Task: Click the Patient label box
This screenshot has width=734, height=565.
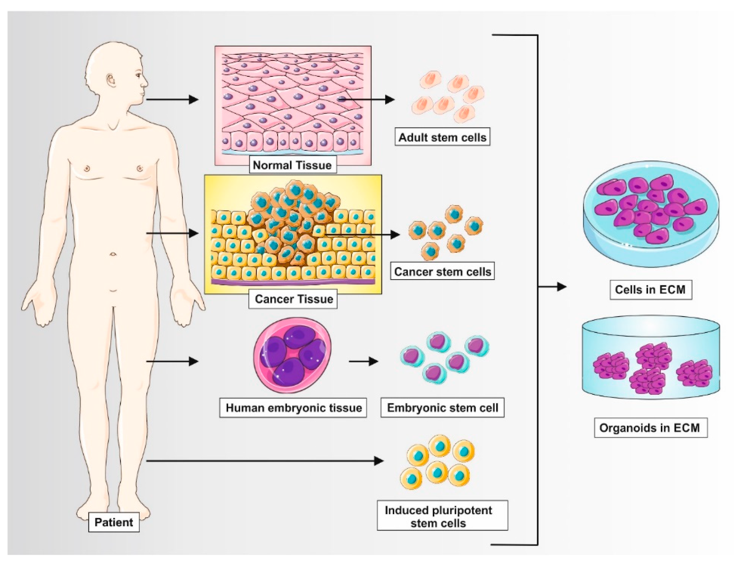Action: [114, 522]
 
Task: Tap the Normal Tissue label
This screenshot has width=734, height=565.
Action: [292, 165]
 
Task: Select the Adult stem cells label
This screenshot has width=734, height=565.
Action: [442, 137]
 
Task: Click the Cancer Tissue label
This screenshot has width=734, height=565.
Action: [293, 299]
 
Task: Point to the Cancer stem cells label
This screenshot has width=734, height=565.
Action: [442, 272]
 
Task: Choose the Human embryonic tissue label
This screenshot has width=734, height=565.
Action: [293, 408]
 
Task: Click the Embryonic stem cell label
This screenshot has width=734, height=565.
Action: [442, 408]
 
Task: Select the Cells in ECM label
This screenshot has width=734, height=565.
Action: [650, 289]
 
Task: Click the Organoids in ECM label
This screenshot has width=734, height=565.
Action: [650, 428]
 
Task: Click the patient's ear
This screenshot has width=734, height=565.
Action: [111, 80]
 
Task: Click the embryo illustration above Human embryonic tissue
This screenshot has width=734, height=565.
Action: [292, 355]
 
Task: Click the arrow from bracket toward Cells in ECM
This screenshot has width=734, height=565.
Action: [553, 287]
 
